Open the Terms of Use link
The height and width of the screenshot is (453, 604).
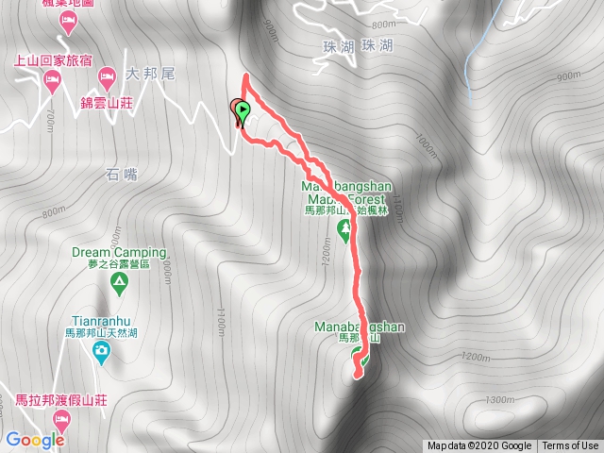[570, 446]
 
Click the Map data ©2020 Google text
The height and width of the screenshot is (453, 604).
[479, 446]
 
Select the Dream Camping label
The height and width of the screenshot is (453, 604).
[119, 253]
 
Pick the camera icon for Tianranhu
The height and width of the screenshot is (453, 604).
[101, 353]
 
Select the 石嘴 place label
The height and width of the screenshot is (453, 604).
[122, 174]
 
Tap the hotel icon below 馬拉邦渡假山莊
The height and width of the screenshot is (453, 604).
[60, 416]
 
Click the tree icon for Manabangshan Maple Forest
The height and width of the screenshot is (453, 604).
[344, 228]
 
